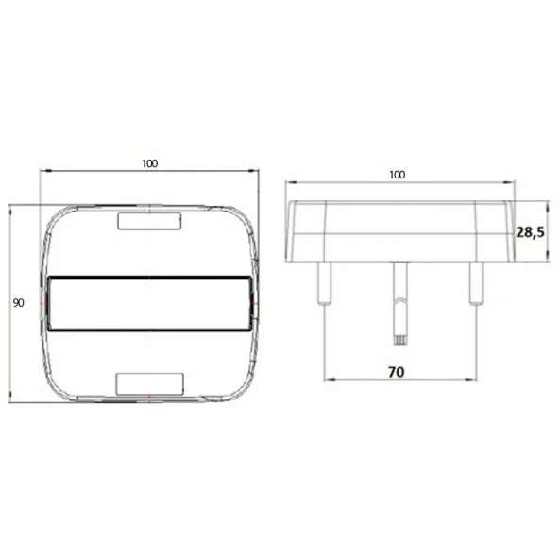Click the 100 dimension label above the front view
(149, 163)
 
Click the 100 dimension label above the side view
(397, 175)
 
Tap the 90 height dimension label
(18, 303)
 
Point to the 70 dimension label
(397, 372)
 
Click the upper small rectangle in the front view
(148, 221)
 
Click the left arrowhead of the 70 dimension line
(328, 381)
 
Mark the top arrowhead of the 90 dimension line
(10, 207)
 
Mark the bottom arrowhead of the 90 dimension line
(10, 399)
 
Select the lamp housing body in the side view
(398, 230)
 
